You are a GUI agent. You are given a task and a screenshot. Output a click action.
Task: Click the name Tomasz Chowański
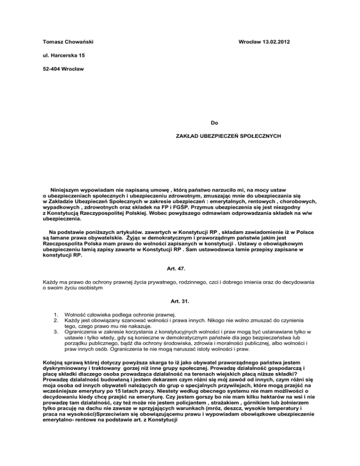pyautogui.click(x=66, y=42)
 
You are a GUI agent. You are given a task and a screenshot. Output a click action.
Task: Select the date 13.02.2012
pyautogui.click(x=274, y=42)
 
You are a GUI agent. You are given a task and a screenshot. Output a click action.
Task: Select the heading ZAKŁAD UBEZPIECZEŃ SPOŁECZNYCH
pyautogui.click(x=228, y=136)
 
